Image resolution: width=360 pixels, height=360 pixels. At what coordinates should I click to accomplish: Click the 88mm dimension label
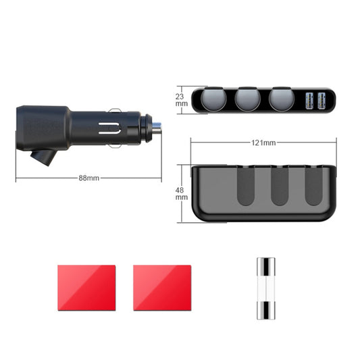tap(88, 178)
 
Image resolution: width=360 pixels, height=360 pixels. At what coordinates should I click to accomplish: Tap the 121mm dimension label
tap(263, 143)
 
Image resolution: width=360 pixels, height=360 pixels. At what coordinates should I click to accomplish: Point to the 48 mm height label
tap(182, 193)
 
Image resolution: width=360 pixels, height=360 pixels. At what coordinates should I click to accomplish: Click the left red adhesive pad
tap(86, 287)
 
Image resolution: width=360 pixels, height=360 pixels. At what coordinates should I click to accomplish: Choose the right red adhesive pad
tap(162, 287)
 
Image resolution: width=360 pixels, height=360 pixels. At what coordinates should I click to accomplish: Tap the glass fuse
tap(264, 288)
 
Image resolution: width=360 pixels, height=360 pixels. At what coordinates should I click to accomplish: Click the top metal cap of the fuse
tap(264, 264)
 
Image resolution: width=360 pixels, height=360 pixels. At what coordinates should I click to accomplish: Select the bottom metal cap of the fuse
tap(264, 313)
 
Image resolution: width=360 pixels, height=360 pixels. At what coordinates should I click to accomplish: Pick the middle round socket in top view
tap(248, 101)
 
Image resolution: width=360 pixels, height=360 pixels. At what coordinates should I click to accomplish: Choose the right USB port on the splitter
tap(323, 101)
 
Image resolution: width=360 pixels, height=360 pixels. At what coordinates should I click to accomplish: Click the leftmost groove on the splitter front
tap(246, 186)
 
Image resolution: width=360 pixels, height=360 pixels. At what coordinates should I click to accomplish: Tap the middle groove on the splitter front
tap(280, 186)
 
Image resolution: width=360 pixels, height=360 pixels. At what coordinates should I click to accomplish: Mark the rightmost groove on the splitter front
tap(313, 186)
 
